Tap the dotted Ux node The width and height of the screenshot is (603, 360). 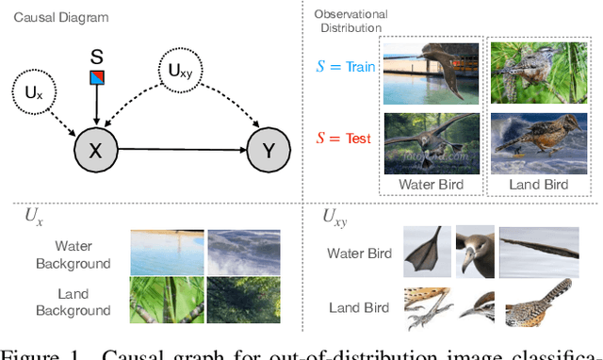point(32,92)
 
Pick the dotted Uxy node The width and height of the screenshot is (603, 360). point(176,70)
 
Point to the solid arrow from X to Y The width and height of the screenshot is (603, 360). point(179,149)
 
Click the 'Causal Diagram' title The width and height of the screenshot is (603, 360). point(56,17)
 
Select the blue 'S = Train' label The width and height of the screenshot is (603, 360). point(342,68)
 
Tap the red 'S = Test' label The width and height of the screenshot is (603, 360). point(345,138)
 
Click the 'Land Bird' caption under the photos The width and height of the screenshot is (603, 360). point(539,185)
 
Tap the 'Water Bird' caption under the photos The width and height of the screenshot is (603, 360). point(431,185)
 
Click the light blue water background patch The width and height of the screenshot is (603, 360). point(165,251)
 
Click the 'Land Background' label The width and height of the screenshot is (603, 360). point(73,302)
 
